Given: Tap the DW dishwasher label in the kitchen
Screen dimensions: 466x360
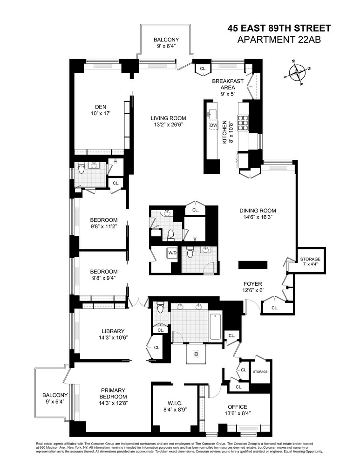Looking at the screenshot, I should pyautogui.click(x=214, y=125).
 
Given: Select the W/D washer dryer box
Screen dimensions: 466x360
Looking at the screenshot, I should pyautogui.click(x=172, y=253).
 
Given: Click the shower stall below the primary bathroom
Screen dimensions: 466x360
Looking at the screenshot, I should pyautogui.click(x=196, y=354).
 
